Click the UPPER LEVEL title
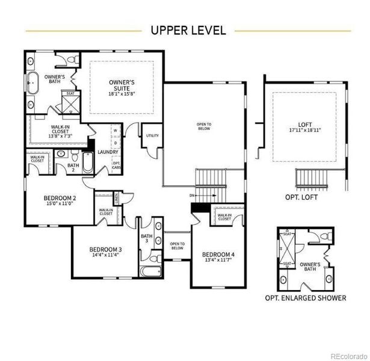[x=188, y=30]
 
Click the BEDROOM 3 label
[x=105, y=250]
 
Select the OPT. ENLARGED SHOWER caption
[x=306, y=298]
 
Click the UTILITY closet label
[x=152, y=136]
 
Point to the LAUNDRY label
[x=107, y=152]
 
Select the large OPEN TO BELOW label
[x=204, y=126]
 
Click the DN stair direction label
[x=191, y=196]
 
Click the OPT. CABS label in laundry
[x=116, y=164]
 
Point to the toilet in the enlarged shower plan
[x=325, y=236]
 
